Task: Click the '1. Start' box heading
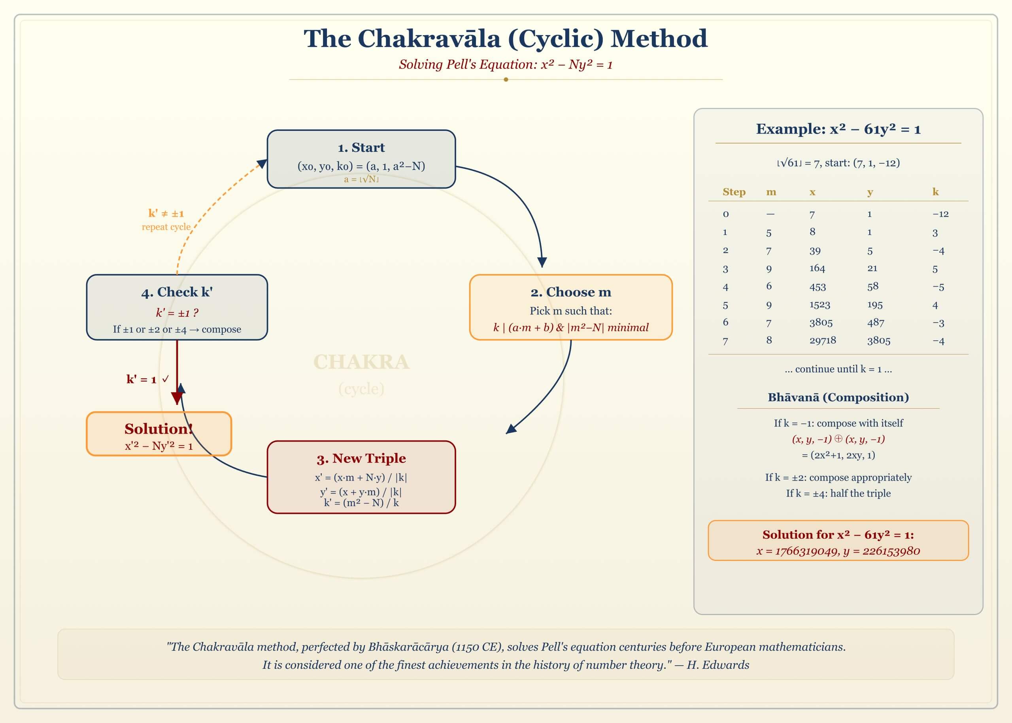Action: [x=361, y=147]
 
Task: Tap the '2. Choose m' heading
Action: [x=570, y=292]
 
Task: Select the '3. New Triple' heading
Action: [x=361, y=458]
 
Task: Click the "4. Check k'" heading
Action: [x=177, y=292]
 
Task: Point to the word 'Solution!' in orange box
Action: [x=159, y=429]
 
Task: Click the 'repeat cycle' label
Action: [x=166, y=227]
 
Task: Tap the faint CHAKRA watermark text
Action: [x=361, y=362]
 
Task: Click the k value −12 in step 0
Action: [x=940, y=214]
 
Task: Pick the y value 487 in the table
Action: [x=875, y=322]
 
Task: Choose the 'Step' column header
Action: [x=734, y=192]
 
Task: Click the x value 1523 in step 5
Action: [x=819, y=305]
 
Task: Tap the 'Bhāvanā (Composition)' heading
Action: [x=838, y=397]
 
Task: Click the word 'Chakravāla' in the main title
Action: [x=429, y=39]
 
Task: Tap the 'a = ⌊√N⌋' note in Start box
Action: [x=361, y=179]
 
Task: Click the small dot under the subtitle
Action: [x=506, y=80]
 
